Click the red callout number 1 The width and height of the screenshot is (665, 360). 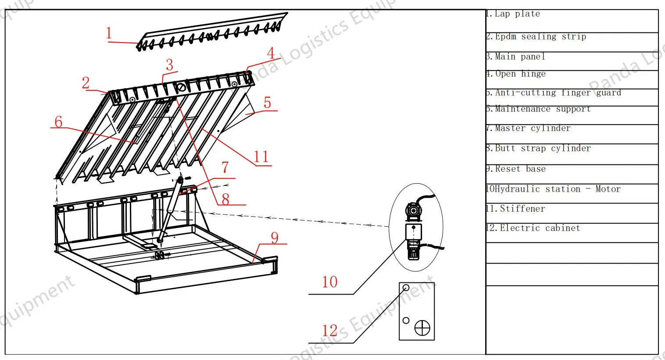[x=109, y=33]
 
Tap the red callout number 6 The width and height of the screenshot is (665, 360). [x=58, y=122]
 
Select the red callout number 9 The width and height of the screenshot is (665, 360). [x=275, y=238]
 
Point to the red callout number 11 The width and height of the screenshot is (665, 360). [x=261, y=157]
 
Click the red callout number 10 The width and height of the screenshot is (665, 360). [x=329, y=282]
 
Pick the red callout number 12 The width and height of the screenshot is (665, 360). [x=329, y=331]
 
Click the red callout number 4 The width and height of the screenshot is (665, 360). [x=271, y=53]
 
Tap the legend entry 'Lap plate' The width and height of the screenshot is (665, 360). [x=517, y=14]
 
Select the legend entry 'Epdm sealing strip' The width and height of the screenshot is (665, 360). [x=540, y=37]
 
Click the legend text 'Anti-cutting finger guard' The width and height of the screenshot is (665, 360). [x=558, y=93]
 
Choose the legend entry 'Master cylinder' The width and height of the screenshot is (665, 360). [x=532, y=128]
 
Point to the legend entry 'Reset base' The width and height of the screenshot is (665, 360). [x=520, y=169]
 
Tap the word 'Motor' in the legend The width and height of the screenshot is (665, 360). [x=608, y=189]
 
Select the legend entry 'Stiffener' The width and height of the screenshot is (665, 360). [x=522, y=209]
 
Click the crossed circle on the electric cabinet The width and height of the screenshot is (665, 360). [x=422, y=328]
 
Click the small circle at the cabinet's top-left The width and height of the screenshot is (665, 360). [x=406, y=288]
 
